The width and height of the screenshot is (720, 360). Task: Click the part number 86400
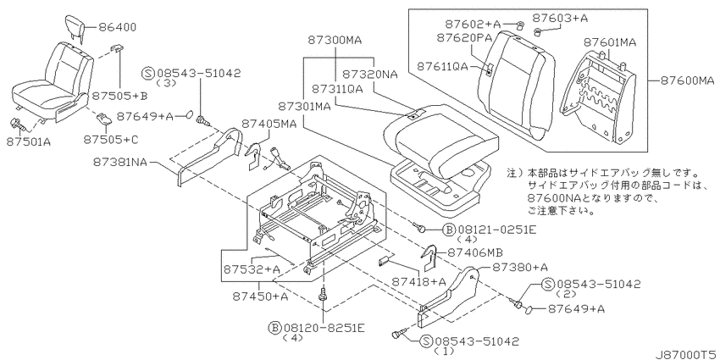click(x=117, y=27)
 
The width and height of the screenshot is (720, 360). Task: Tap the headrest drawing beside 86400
click(x=74, y=26)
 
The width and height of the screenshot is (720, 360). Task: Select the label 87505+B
click(x=119, y=96)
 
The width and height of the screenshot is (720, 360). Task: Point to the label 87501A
click(x=29, y=142)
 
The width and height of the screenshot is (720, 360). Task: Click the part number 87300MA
click(x=335, y=41)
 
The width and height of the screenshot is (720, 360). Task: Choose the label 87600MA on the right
click(x=688, y=80)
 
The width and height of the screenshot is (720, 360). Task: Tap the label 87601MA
click(x=609, y=42)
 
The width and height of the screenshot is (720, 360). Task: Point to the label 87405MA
click(x=269, y=124)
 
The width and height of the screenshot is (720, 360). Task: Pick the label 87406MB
click(x=474, y=252)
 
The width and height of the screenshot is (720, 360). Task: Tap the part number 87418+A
click(x=419, y=281)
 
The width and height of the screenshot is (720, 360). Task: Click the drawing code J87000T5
click(x=686, y=354)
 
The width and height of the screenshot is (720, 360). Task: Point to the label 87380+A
click(x=520, y=267)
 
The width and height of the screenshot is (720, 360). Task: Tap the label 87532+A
click(x=252, y=269)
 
